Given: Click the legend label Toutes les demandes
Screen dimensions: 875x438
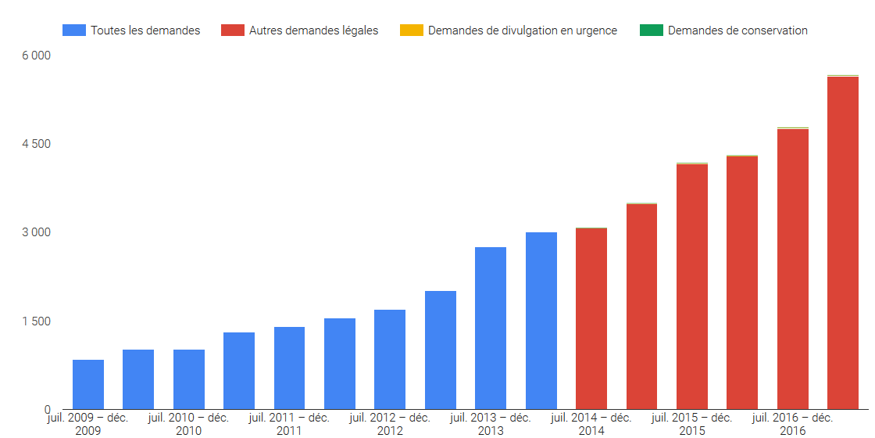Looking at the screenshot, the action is (x=145, y=31).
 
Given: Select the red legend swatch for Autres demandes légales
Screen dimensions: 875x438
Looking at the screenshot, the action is (x=233, y=31).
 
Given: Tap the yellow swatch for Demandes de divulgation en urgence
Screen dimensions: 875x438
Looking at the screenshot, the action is (x=412, y=31).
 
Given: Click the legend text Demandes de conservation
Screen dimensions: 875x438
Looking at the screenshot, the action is (x=737, y=31).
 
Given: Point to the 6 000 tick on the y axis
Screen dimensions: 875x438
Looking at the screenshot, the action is (x=36, y=56).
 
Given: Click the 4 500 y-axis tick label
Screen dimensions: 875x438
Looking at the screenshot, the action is (x=36, y=144).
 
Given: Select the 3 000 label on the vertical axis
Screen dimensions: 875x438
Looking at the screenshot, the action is (x=36, y=232).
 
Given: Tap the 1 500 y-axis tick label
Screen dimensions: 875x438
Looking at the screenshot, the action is (x=36, y=321).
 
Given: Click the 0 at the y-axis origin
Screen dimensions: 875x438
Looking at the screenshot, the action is (x=48, y=410).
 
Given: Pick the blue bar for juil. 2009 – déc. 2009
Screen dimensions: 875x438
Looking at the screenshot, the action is (x=88, y=385).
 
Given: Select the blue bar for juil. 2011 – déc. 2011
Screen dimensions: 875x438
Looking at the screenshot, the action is (x=289, y=368).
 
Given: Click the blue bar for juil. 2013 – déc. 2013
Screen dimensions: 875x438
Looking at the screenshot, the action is (x=491, y=328).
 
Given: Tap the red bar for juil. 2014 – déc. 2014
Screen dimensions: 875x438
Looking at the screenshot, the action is (x=591, y=319).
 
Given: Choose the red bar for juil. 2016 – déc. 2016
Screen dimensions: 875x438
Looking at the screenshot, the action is (x=792, y=269).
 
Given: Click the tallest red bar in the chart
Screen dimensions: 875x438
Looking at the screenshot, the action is (x=843, y=243).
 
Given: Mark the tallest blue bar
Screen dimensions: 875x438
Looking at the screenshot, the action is (x=541, y=321).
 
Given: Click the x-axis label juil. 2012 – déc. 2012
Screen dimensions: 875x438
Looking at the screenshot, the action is (x=390, y=424).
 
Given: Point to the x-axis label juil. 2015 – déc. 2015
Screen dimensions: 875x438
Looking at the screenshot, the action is (x=692, y=424).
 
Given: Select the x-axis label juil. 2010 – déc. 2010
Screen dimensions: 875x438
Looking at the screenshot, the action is (x=188, y=424).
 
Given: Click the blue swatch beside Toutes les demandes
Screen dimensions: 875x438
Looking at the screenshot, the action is (x=74, y=31).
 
